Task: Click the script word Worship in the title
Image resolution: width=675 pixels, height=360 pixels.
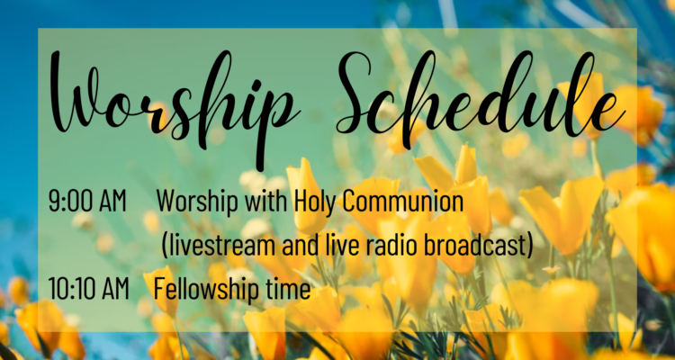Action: pyautogui.click(x=175, y=103)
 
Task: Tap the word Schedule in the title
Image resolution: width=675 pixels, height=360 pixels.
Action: pyautogui.click(x=481, y=95)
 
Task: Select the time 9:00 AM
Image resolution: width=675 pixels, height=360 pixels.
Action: pyautogui.click(x=87, y=201)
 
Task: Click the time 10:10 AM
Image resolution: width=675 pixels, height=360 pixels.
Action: pyautogui.click(x=89, y=289)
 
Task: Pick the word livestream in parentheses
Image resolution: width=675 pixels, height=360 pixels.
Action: pyautogui.click(x=222, y=246)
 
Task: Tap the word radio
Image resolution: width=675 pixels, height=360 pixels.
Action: pyautogui.click(x=391, y=246)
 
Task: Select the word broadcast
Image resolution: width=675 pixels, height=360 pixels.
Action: pyautogui.click(x=473, y=246)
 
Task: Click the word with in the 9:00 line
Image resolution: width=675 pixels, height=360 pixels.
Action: pyautogui.click(x=266, y=202)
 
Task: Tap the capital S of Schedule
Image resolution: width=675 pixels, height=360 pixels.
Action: pyautogui.click(x=358, y=93)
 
